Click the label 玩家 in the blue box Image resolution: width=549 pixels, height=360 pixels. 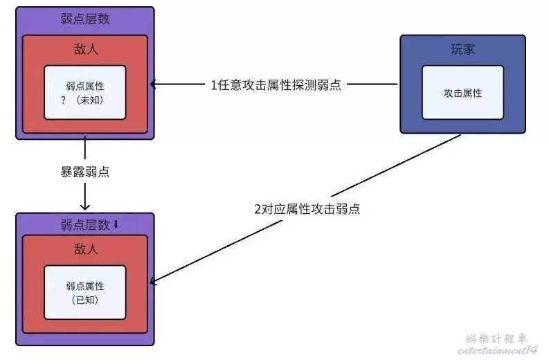click(x=462, y=50)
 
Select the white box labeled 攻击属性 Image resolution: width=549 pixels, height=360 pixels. click(x=462, y=93)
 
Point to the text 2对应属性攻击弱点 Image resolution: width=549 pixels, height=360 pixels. click(x=307, y=208)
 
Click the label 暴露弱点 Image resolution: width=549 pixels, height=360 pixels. click(x=84, y=172)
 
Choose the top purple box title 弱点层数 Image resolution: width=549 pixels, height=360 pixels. click(x=84, y=19)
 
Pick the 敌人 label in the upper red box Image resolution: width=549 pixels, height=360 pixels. click(x=84, y=49)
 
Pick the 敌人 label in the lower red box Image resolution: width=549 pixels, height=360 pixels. click(x=84, y=249)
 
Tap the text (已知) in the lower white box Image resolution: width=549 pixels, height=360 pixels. click(x=84, y=299)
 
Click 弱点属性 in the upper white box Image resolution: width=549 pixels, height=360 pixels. click(x=84, y=85)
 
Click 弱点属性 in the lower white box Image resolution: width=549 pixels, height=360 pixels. click(x=84, y=285)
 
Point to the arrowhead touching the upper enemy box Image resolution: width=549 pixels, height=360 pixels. click(x=154, y=85)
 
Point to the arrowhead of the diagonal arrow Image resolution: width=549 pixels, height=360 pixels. click(x=154, y=282)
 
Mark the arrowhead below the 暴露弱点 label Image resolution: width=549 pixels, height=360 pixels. click(x=84, y=206)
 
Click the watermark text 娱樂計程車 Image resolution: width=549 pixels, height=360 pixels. click(x=496, y=339)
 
